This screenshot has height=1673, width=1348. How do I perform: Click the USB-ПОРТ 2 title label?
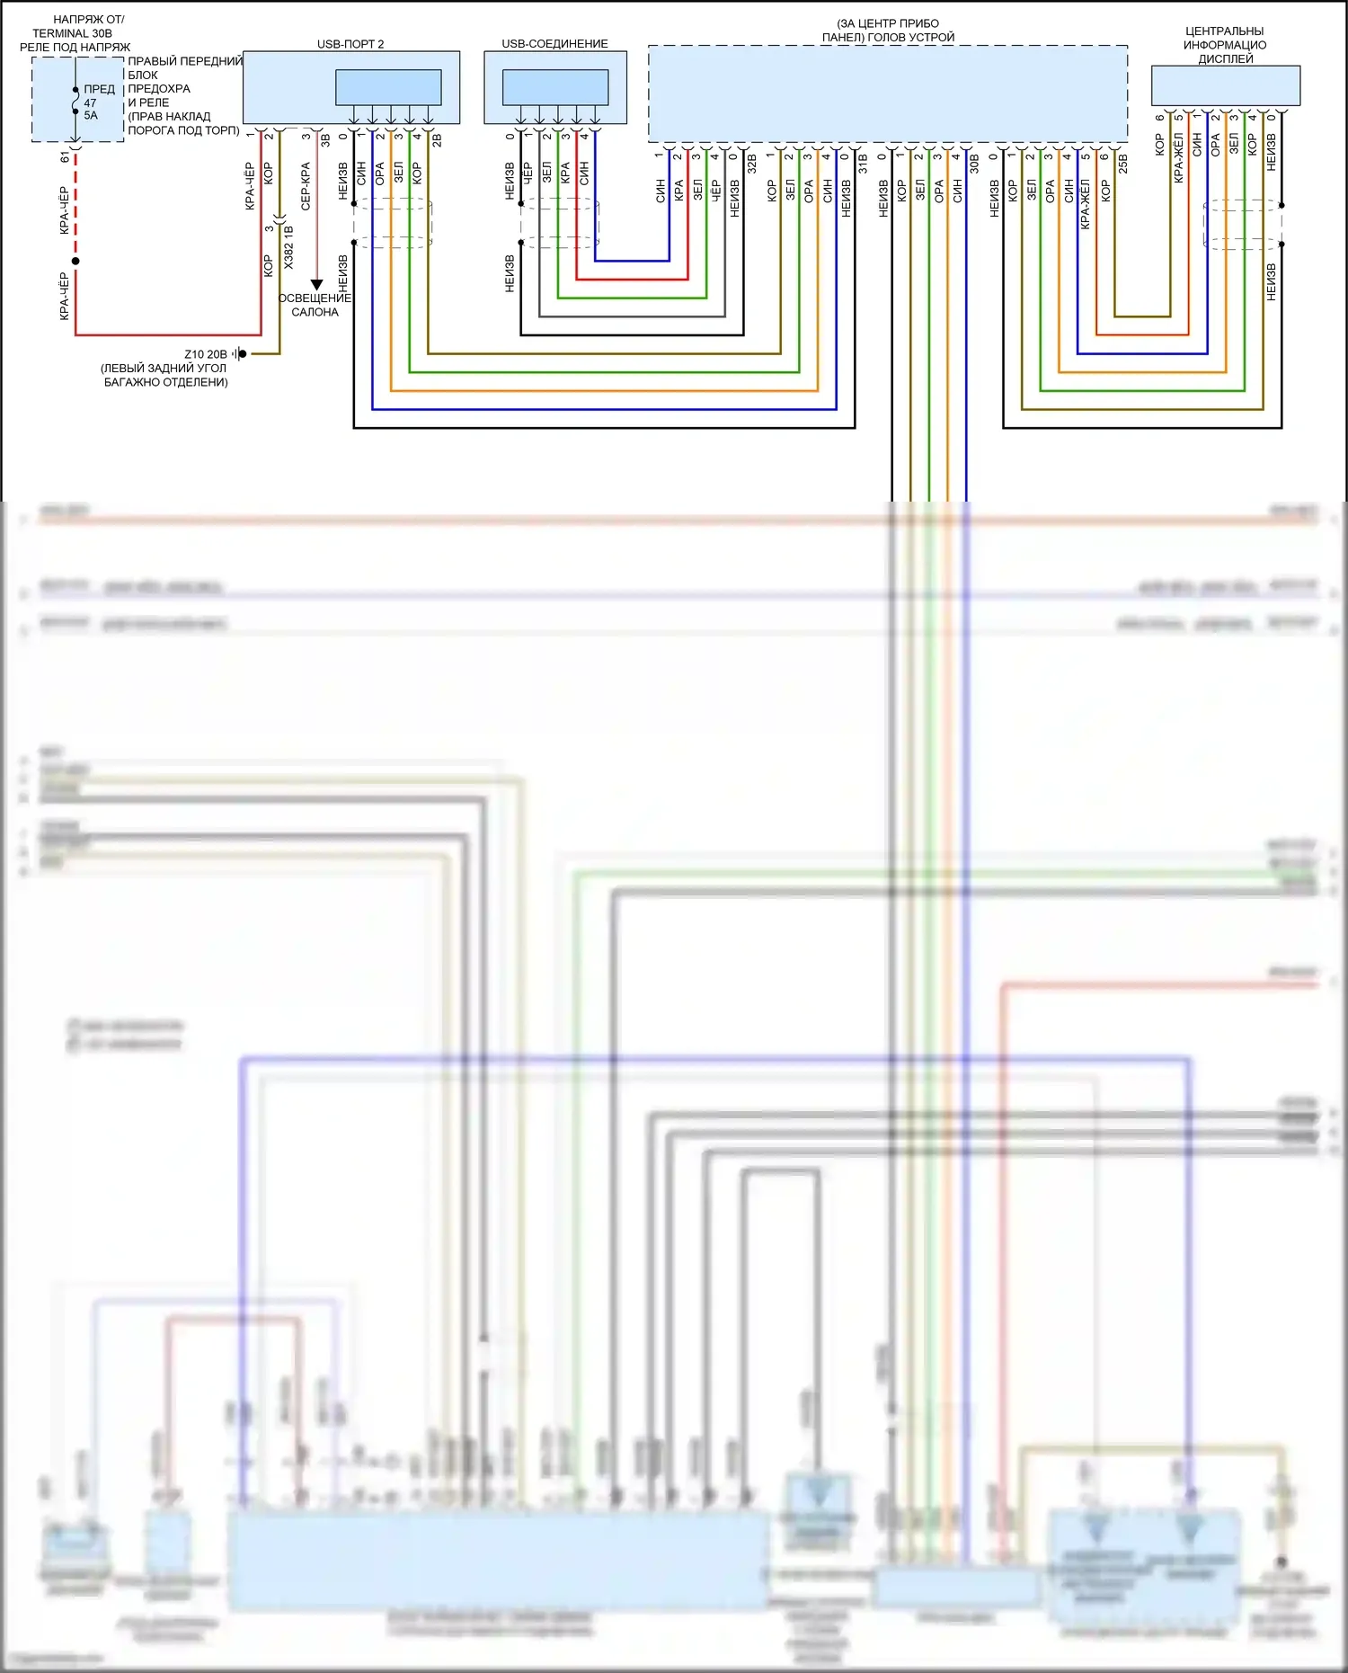tap(350, 44)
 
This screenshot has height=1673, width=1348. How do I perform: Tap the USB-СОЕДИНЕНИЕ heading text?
tap(554, 44)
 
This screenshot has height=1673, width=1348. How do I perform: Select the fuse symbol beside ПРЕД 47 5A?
tap(75, 101)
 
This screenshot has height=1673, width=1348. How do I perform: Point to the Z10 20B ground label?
tap(206, 354)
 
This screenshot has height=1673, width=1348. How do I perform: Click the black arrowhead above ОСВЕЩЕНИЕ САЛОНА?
tap(316, 285)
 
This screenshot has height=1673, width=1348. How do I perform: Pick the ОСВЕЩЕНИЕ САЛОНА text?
tap(315, 305)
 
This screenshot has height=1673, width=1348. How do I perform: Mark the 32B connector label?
tap(752, 163)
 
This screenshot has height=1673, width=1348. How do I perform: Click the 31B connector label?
tap(863, 163)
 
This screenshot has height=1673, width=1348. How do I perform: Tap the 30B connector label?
tap(974, 163)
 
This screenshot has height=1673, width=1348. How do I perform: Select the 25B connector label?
tap(1122, 163)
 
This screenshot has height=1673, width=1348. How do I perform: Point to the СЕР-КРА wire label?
tap(306, 186)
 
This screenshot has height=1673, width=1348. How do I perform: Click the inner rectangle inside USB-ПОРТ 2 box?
tap(388, 87)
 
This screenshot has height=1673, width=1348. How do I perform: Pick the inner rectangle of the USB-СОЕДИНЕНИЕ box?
tap(555, 87)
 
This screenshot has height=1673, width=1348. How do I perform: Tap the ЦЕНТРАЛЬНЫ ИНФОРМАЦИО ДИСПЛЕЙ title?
tap(1225, 45)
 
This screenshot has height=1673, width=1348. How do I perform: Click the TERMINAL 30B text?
tap(73, 33)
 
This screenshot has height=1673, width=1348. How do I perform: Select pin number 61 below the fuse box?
tap(65, 157)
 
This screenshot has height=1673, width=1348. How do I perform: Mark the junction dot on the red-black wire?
tap(75, 262)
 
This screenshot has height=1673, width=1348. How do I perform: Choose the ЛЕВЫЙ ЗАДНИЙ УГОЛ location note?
tap(165, 375)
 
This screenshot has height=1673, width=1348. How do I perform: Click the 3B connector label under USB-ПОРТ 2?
tap(325, 140)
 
